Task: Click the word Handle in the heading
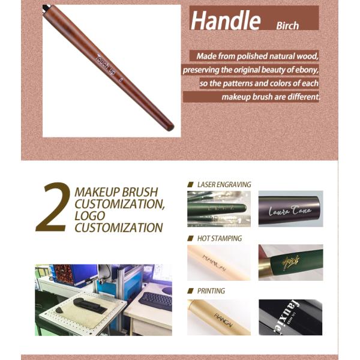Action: tap(225, 20)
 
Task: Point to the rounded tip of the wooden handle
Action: tap(170, 127)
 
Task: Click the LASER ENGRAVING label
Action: tap(224, 184)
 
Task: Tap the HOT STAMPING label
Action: tap(219, 238)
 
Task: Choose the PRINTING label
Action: tap(211, 290)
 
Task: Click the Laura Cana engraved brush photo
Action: tap(290, 209)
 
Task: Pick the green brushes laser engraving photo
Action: tap(218, 209)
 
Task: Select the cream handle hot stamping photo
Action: tap(218, 262)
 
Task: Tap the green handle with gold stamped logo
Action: tap(290, 262)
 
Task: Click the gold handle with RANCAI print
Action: tap(218, 317)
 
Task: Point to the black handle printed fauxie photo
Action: tap(290, 317)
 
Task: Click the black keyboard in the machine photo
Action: tap(155, 301)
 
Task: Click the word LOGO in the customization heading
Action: tap(89, 215)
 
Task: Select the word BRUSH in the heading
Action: tap(136, 192)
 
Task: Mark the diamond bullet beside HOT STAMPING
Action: tap(191, 238)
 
